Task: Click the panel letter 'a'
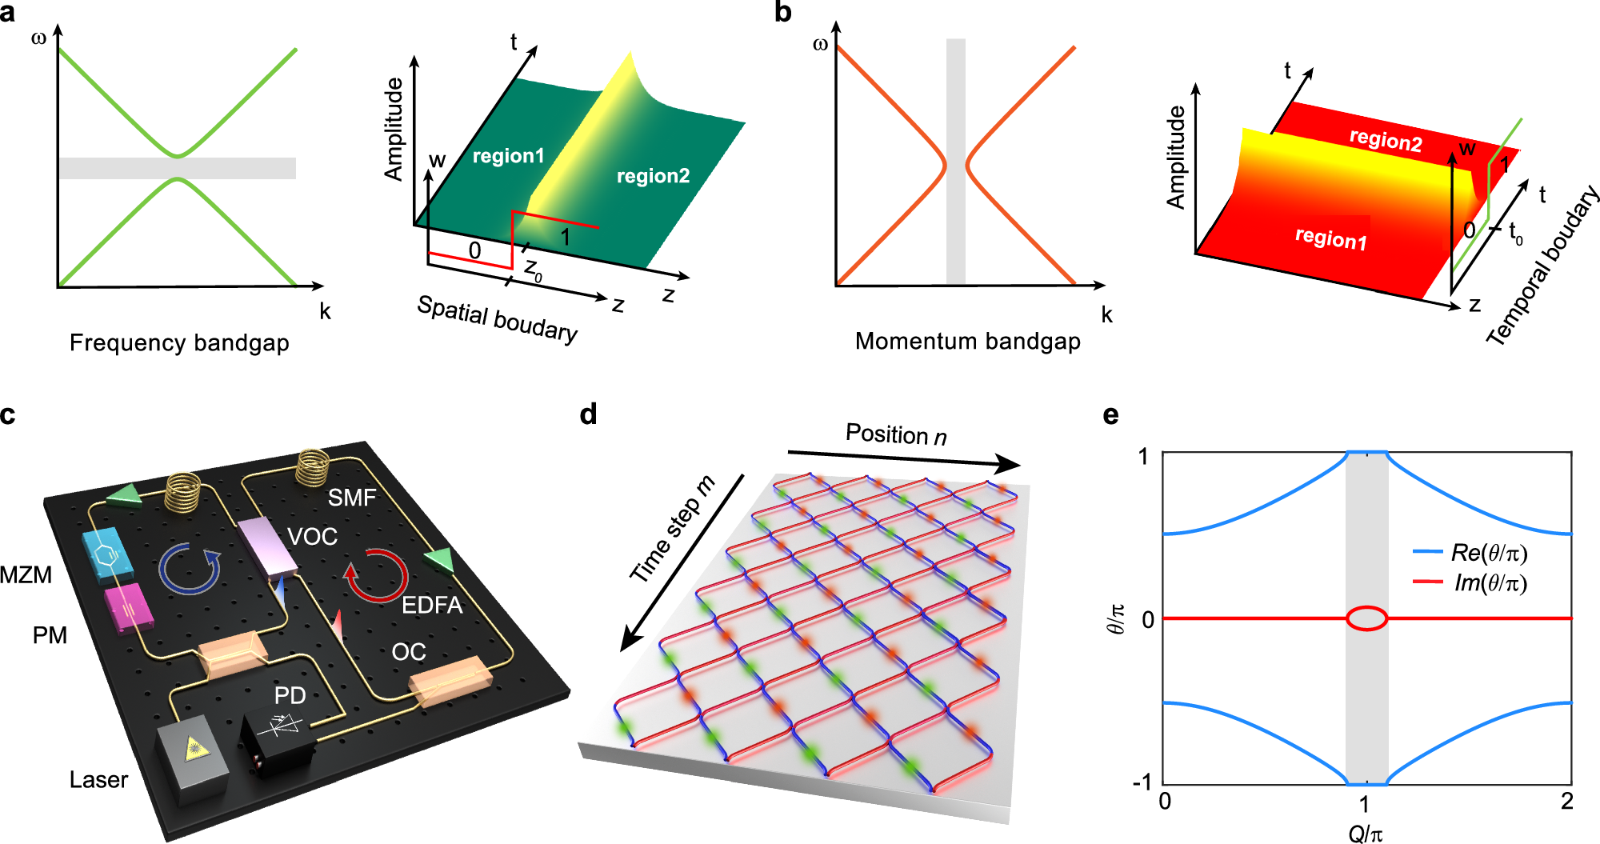pos(7,13)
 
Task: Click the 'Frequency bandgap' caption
pos(179,342)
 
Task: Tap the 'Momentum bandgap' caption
pos(967,341)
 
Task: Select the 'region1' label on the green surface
pos(508,156)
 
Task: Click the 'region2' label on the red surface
pos(1386,140)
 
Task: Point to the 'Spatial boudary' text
pos(497,318)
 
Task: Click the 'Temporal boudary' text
pos(1543,266)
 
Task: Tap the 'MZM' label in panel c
pos(26,574)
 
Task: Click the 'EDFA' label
pos(432,605)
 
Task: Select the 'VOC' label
pos(312,536)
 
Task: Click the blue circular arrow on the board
pos(190,568)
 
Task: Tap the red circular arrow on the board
pos(376,574)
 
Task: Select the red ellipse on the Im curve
pos(1367,618)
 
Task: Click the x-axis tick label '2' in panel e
pos(1567,801)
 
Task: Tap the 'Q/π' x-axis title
pos(1366,834)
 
